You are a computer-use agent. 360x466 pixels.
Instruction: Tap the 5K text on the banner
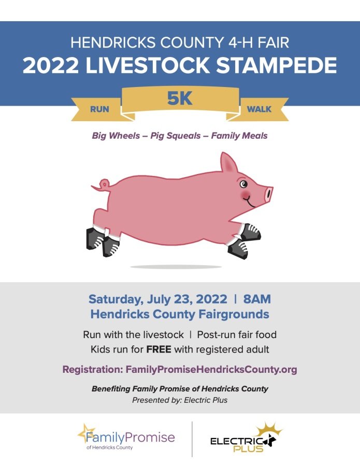180,98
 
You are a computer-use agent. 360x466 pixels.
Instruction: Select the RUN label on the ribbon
99,110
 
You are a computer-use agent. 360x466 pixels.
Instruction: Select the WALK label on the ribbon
259,110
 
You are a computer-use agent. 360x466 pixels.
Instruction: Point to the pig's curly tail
102,184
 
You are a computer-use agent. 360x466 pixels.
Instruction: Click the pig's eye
244,184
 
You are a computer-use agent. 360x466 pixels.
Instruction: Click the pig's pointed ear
228,163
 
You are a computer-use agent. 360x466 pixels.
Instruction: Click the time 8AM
257,299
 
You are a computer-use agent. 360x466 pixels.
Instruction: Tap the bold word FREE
159,349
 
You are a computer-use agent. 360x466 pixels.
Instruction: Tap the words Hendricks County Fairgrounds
180,314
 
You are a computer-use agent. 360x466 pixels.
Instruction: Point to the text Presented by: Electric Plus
180,400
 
